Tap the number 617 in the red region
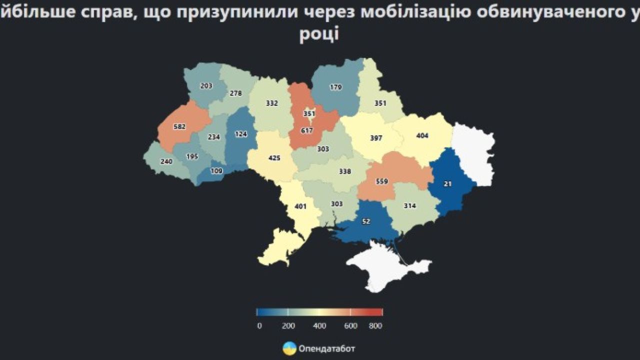(306, 131)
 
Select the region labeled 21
(447, 184)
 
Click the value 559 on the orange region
(381, 181)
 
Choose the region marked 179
(335, 87)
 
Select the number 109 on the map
(216, 170)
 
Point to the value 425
(274, 158)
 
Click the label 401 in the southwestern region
(300, 205)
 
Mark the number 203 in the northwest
(206, 85)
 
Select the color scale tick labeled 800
(375, 326)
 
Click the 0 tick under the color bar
(259, 326)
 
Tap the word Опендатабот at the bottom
(326, 348)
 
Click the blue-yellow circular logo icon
(289, 348)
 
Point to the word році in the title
(319, 35)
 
